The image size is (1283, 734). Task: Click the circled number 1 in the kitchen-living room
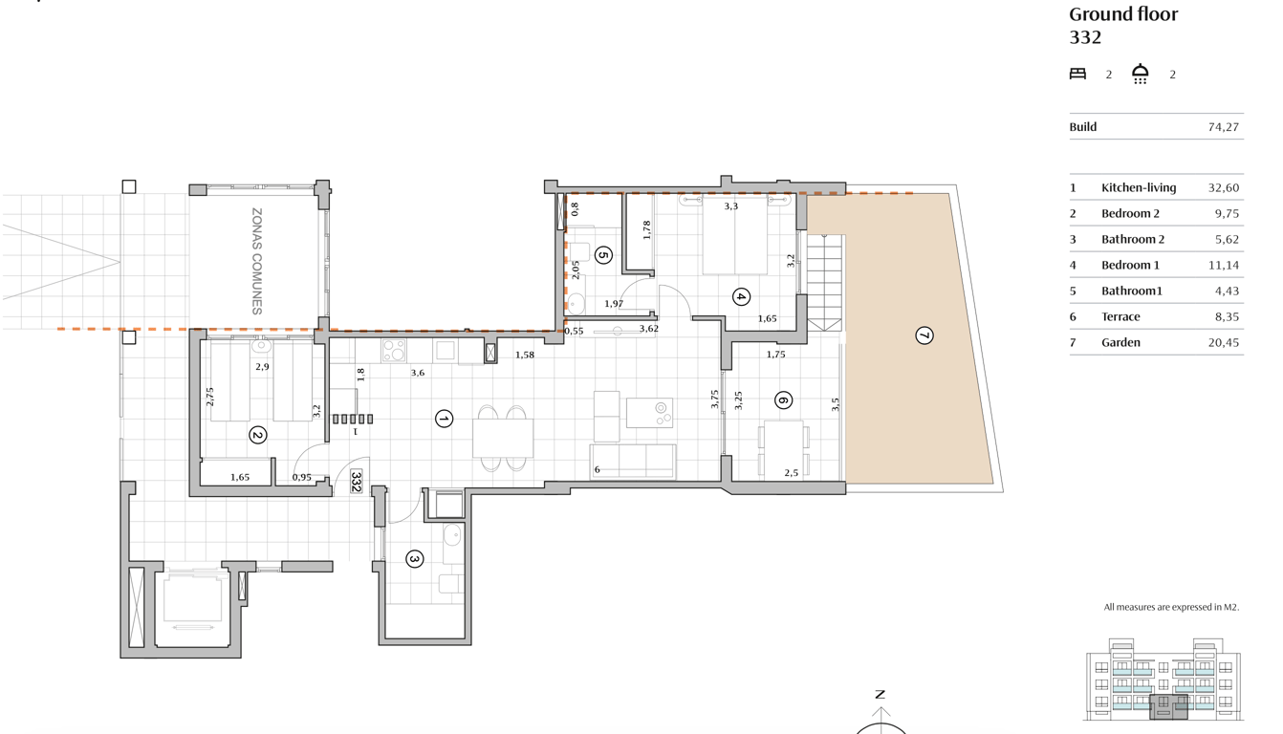coord(444,420)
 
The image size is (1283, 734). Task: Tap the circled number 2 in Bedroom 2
coord(258,435)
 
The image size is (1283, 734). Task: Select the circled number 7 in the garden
coord(924,335)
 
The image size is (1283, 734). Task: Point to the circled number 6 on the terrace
coord(783,400)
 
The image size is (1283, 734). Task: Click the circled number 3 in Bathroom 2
coord(414,559)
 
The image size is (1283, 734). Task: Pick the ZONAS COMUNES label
coord(257,261)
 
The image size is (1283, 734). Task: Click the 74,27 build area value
coord(1223,127)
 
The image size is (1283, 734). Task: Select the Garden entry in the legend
coord(1120,342)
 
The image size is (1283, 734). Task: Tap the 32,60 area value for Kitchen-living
coord(1223,187)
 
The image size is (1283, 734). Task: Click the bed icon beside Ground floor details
coord(1077,74)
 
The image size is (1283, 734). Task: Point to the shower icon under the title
coord(1140,74)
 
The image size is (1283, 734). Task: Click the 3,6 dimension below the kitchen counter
coord(418,373)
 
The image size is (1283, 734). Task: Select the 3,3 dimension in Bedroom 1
coord(730,206)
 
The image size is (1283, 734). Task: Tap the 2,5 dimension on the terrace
coord(791,473)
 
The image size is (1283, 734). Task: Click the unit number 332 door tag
coord(356,481)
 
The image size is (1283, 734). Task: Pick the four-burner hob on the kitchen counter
coord(394,351)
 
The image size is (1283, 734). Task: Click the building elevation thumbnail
coord(1163,680)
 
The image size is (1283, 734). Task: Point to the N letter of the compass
coord(881,695)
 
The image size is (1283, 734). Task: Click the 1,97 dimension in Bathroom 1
coord(614,304)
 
